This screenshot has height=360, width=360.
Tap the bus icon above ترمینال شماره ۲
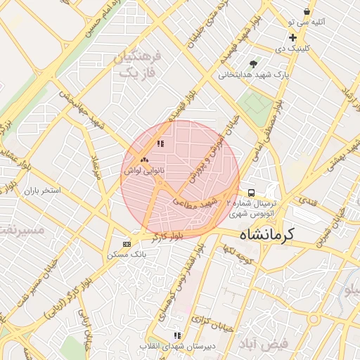coord(252,192)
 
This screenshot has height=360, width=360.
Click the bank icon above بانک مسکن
coord(127,244)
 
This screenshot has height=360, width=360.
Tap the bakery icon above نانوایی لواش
coord(145,160)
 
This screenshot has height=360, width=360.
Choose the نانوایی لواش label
coord(146,170)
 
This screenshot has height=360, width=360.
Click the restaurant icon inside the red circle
coord(160,144)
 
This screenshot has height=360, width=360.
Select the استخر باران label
coord(43,191)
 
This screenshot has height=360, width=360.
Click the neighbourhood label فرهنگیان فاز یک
coord(138,64)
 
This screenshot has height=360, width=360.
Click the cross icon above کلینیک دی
coord(292,38)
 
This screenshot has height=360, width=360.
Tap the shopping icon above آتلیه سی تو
coord(307,12)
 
